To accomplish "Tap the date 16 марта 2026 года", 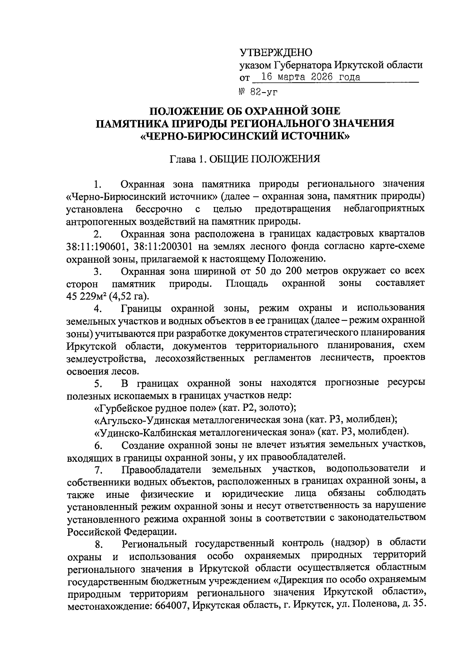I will coord(305,77).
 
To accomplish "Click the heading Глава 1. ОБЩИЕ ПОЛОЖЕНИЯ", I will coord(245,158).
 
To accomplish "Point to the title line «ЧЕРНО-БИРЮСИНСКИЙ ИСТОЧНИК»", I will coord(245,135).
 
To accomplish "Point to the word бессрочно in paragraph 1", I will coord(159,209).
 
